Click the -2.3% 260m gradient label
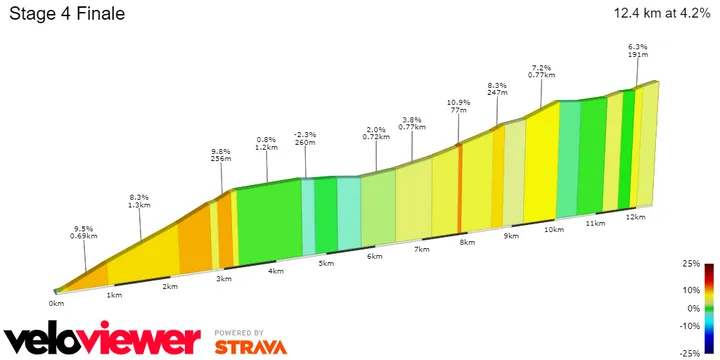(x=305, y=138)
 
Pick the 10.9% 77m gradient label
(x=458, y=106)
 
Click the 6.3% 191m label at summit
(x=637, y=50)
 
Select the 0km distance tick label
(x=56, y=302)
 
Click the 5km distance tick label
(x=325, y=263)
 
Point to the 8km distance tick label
(x=466, y=243)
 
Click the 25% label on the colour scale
(x=690, y=265)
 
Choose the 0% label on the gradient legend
(x=692, y=309)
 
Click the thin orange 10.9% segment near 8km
(x=460, y=190)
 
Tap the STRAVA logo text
(x=250, y=347)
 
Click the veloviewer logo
(x=102, y=340)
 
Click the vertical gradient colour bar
(x=709, y=309)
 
